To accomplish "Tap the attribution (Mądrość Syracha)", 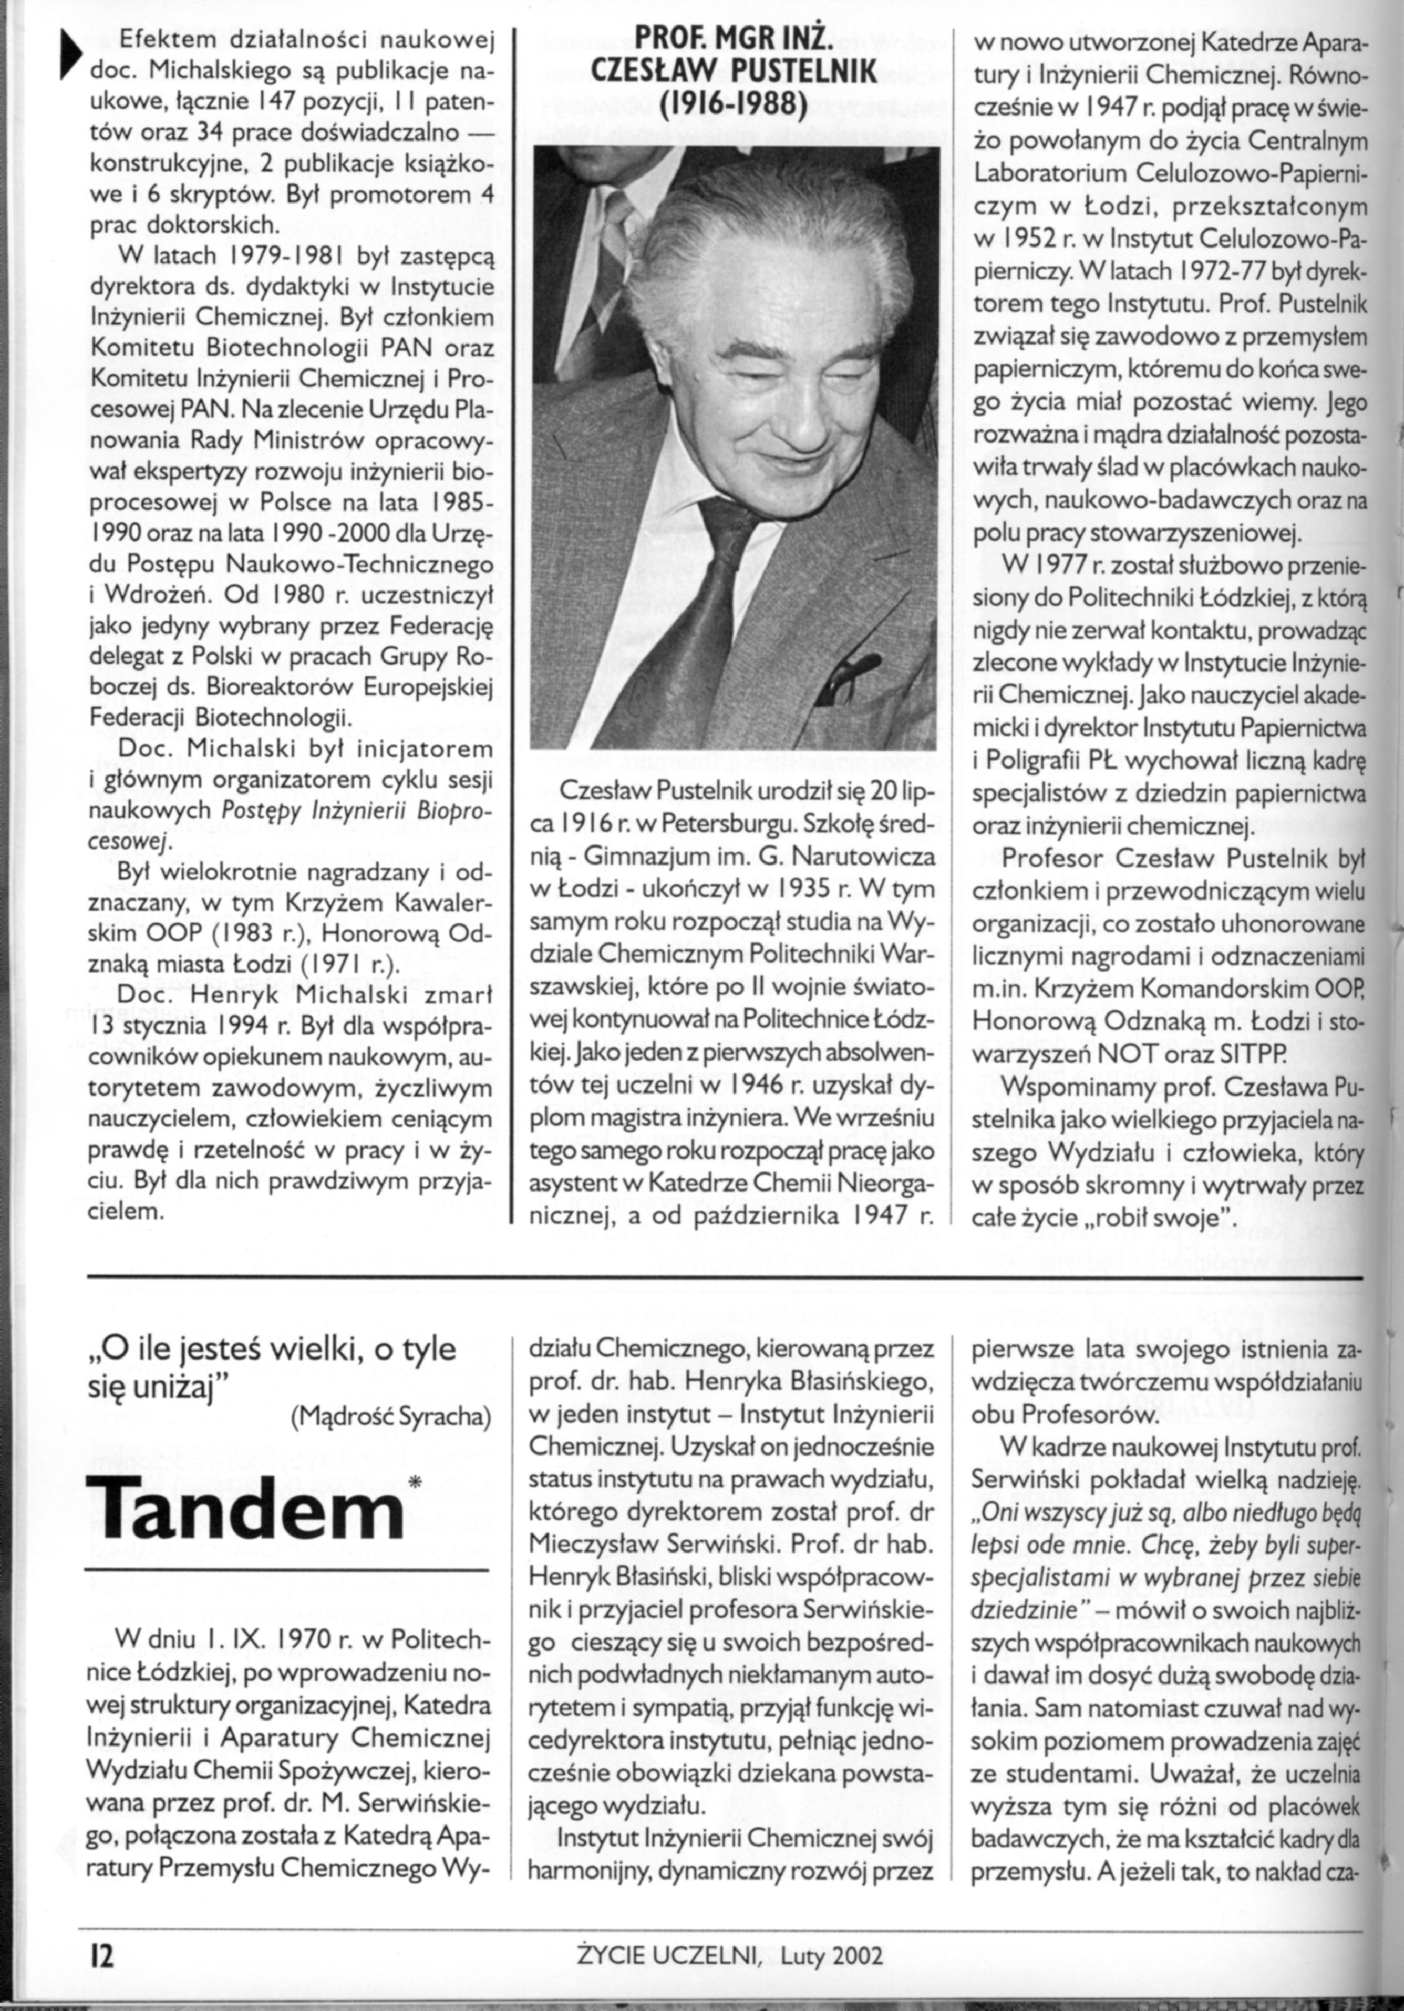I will [389, 1418].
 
